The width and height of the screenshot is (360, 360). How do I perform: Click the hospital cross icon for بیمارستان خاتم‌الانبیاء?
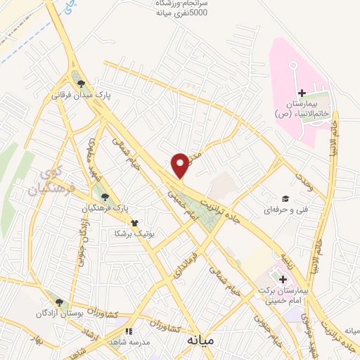point(302,93)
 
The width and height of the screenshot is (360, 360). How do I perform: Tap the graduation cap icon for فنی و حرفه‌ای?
point(285,198)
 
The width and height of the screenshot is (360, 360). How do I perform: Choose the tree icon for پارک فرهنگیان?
point(105,197)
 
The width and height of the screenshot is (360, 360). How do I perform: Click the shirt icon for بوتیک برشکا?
point(145,222)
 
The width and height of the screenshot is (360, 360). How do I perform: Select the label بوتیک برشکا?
point(143,233)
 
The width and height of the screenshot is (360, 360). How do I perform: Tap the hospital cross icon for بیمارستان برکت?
point(283,279)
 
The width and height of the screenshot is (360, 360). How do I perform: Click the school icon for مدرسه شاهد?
point(128,330)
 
